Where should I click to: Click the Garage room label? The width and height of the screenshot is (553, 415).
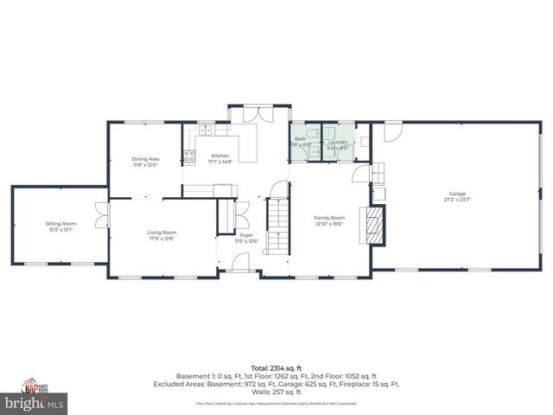[456, 194]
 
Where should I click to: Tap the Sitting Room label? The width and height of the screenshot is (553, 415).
[60, 224]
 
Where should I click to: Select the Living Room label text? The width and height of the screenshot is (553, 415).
[162, 232]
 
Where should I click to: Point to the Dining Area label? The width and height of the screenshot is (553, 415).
[145, 159]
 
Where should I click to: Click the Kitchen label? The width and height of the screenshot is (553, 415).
[220, 156]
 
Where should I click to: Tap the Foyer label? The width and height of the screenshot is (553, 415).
[246, 235]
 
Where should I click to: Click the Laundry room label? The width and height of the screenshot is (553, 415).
[337, 141]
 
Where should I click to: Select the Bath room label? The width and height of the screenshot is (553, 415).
[300, 138]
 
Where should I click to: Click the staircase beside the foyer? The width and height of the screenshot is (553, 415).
[276, 227]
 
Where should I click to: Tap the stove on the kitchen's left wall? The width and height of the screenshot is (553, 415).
[188, 157]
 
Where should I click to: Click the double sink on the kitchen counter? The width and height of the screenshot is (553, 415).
[207, 131]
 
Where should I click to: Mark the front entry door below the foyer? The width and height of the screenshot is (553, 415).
[238, 271]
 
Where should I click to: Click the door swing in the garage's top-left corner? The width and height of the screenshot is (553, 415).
[392, 131]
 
